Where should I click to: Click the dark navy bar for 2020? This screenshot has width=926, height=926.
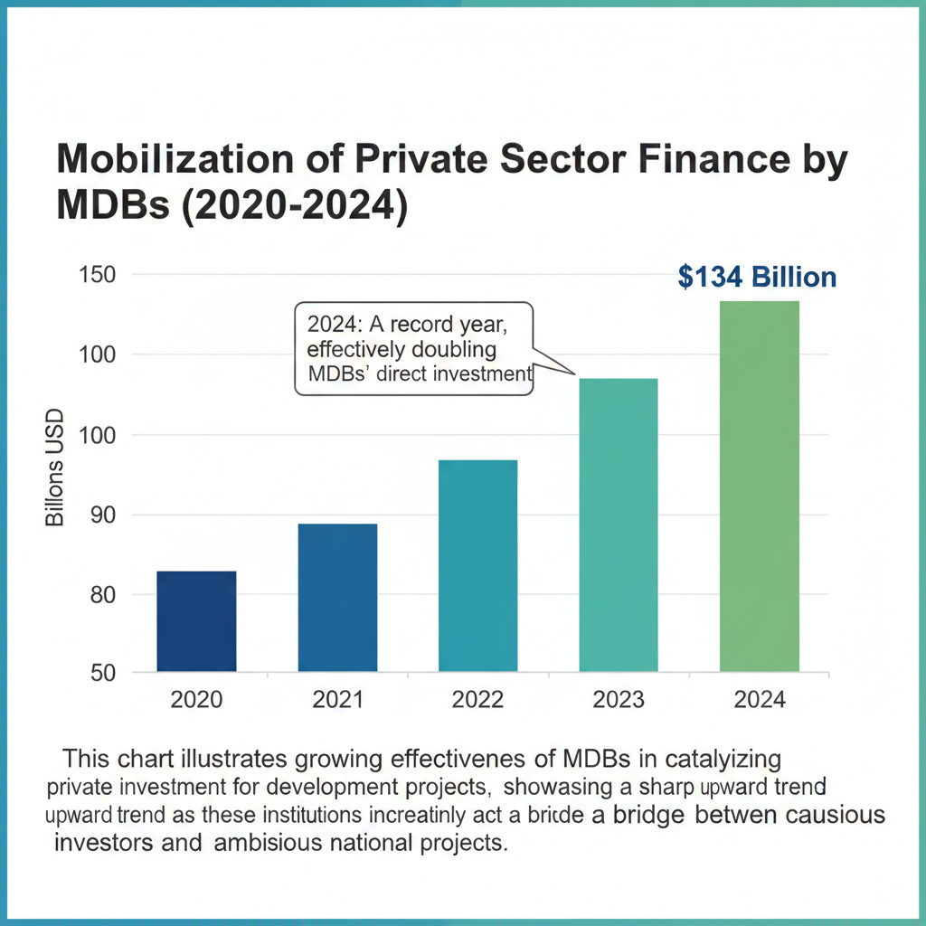[x=196, y=621]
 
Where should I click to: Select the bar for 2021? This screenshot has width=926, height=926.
[x=337, y=598]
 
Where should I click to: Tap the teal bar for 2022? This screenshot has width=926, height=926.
[x=477, y=566]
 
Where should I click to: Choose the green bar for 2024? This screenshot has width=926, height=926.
[x=760, y=487]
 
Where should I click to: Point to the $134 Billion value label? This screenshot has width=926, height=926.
[x=757, y=277]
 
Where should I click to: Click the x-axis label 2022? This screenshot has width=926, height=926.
[x=478, y=700]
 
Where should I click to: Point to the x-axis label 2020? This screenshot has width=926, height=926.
[x=196, y=700]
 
